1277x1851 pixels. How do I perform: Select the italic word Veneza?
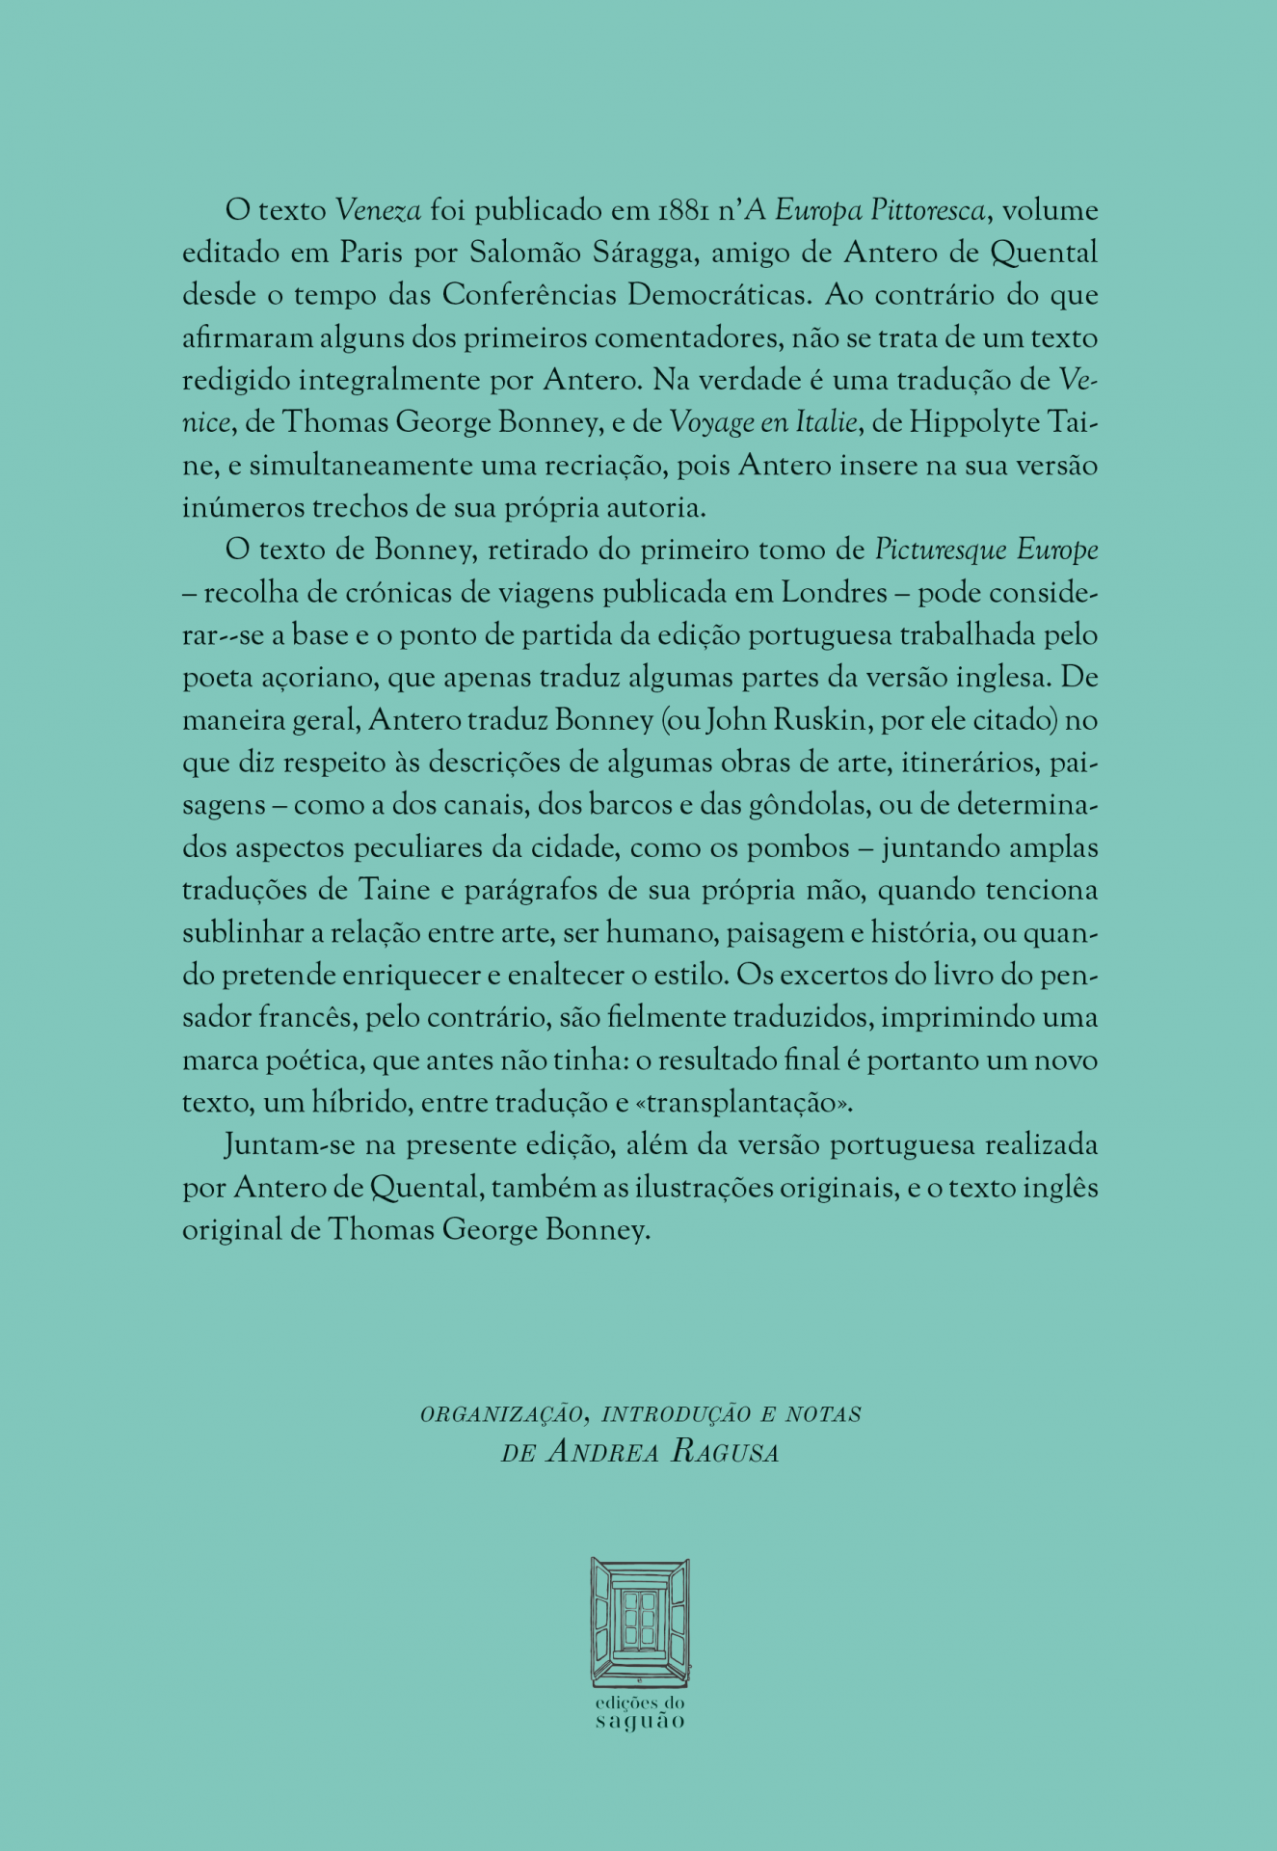(x=379, y=210)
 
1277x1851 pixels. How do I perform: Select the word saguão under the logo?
(x=639, y=1722)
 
